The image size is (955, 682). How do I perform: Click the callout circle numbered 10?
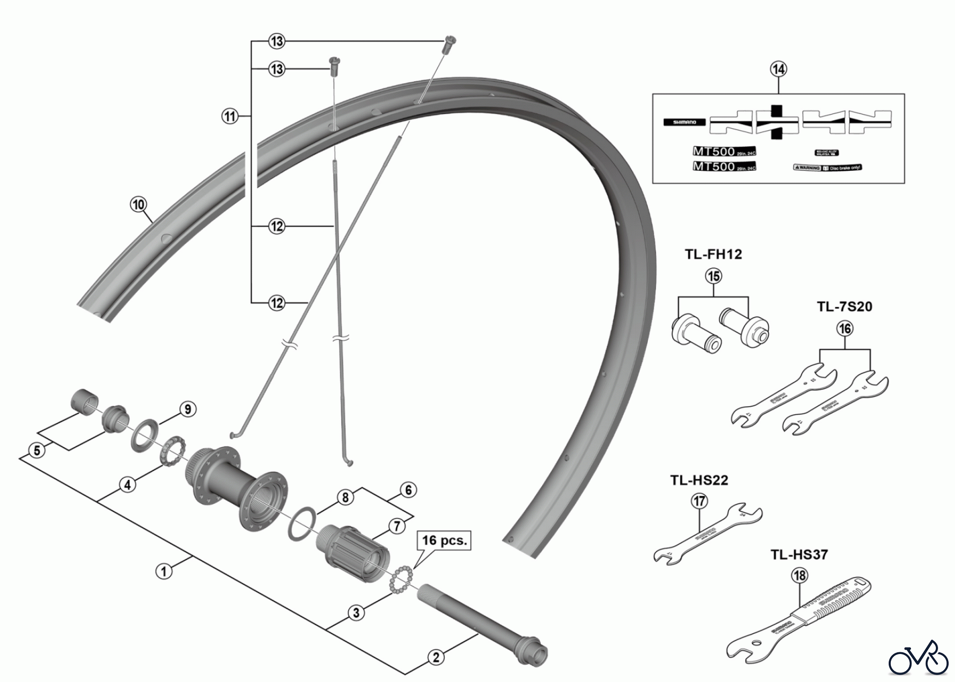[138, 204]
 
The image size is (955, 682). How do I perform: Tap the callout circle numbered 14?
[779, 69]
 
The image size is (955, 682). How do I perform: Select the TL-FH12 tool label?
[713, 255]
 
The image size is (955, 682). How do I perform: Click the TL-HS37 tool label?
[799, 555]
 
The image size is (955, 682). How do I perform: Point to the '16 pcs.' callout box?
[445, 541]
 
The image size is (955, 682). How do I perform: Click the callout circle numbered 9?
[187, 409]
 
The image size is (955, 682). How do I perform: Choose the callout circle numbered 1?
[164, 571]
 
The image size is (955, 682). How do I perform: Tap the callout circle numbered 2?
[436, 658]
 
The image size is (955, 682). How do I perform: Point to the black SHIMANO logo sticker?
[684, 122]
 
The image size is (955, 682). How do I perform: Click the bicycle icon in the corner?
[918, 659]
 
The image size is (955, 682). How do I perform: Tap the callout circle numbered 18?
[800, 575]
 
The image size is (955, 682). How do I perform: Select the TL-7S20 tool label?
[845, 307]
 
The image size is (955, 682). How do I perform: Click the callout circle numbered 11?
[229, 116]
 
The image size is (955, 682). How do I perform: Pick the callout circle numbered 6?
[408, 490]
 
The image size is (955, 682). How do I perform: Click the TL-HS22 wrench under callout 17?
[709, 533]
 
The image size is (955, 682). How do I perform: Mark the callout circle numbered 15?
[714, 276]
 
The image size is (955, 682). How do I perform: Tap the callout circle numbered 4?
[127, 485]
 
